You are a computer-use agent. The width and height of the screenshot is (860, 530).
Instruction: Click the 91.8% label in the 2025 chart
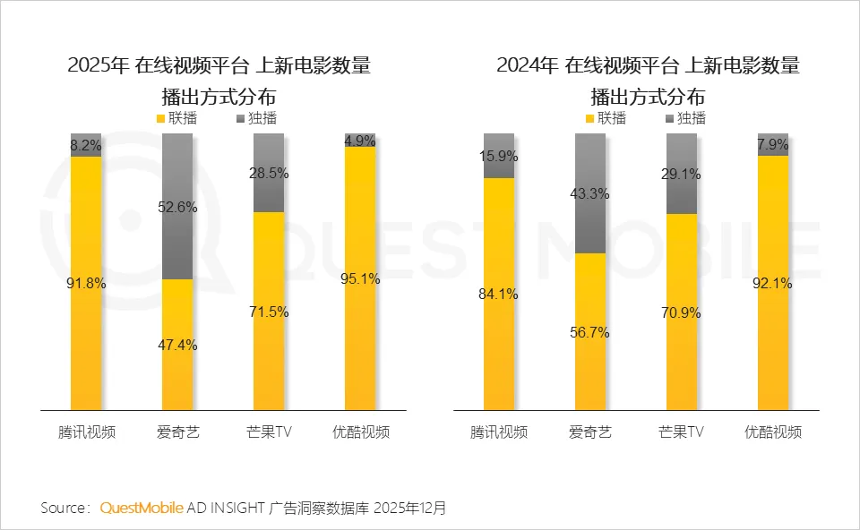click(x=87, y=284)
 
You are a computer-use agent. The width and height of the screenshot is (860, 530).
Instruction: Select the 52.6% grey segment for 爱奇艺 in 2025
click(x=177, y=206)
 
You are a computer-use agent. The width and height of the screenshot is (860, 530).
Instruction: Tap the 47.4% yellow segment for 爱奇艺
click(x=177, y=345)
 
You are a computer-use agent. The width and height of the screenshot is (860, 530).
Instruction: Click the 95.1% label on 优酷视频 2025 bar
click(x=360, y=278)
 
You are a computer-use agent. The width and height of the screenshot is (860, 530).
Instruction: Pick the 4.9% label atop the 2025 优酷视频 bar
click(x=360, y=141)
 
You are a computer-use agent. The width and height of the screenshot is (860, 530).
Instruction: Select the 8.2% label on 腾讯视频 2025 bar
click(x=87, y=144)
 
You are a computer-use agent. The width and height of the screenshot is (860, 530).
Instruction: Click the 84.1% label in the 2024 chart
click(x=499, y=293)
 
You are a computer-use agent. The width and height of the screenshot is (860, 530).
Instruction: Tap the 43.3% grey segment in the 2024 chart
click(x=590, y=193)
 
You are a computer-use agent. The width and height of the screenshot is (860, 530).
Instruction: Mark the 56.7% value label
click(x=590, y=332)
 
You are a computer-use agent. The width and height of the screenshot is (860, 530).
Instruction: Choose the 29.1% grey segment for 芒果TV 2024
click(x=682, y=175)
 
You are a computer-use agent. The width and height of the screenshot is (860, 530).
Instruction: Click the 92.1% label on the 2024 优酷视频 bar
click(x=773, y=284)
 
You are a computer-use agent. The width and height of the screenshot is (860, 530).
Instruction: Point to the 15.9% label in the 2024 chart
click(x=499, y=156)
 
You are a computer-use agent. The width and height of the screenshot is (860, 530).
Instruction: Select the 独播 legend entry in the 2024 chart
click(x=684, y=118)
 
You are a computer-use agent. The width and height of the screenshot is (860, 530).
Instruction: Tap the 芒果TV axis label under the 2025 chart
click(x=269, y=432)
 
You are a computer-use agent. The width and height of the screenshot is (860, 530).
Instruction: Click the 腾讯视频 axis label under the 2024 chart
click(x=499, y=432)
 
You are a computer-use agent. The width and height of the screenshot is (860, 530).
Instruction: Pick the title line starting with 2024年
click(x=648, y=65)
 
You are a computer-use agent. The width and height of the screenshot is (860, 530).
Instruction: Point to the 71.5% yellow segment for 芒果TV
click(x=269, y=312)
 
